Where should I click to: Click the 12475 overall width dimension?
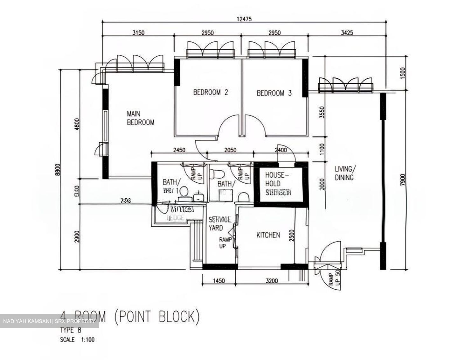[244, 19]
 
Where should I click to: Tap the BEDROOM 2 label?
[211, 93]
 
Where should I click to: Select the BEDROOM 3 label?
[274, 93]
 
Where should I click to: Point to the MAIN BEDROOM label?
[140, 118]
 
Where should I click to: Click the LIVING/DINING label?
[344, 173]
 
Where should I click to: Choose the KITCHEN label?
[268, 235]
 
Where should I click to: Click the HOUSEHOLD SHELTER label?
[278, 184]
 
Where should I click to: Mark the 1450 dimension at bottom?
[219, 281]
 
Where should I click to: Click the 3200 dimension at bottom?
[272, 281]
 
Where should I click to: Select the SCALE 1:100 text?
[77, 340]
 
